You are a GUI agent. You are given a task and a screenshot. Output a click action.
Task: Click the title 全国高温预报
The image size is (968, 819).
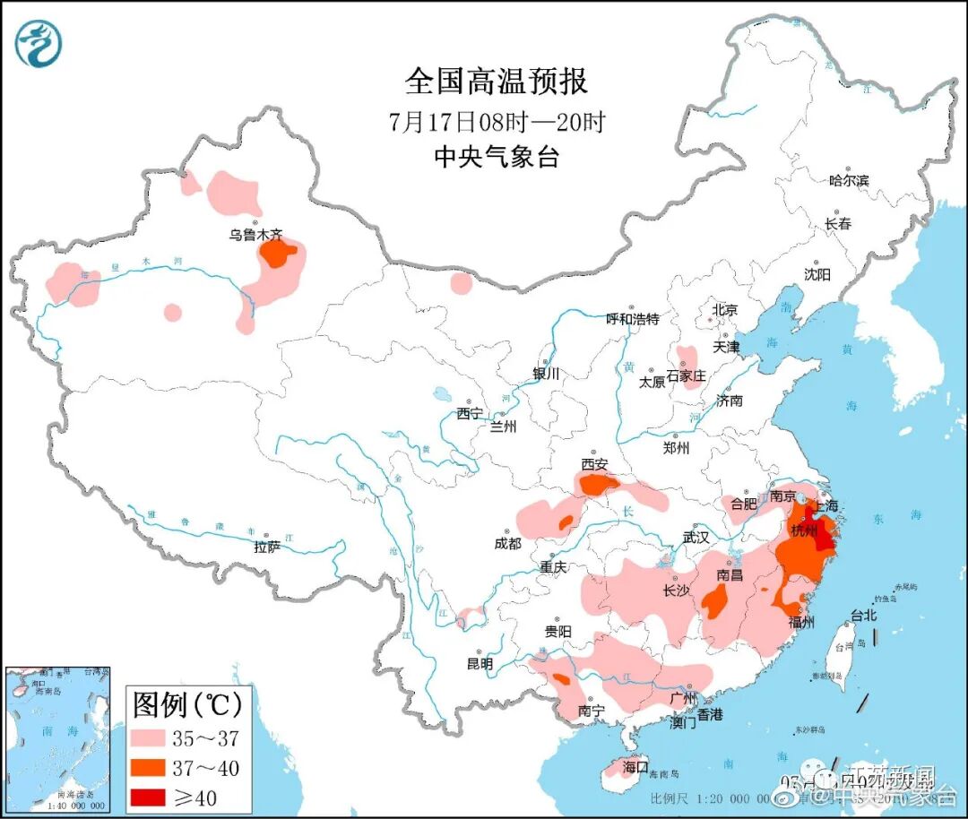point(496,82)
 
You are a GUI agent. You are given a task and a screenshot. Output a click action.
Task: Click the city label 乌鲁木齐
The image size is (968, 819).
point(255,236)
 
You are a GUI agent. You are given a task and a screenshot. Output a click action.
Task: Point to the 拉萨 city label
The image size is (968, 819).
point(267,547)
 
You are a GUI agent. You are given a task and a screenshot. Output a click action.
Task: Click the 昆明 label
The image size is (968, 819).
point(480,664)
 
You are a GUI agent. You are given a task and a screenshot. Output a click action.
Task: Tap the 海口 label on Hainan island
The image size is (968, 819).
point(635,767)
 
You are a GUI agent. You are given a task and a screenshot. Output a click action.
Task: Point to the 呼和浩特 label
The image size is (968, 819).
point(632,319)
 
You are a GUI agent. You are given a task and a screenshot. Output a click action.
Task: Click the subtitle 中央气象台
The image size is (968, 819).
point(496,158)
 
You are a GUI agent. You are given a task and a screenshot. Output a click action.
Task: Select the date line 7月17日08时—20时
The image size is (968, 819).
point(496,121)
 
